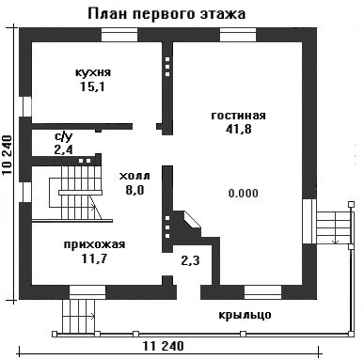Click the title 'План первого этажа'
click(166, 14)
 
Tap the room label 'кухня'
click(93, 72)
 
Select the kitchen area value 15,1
click(92, 86)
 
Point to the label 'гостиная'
click(238, 116)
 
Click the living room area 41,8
click(239, 129)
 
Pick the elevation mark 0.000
click(244, 193)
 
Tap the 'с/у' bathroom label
click(64, 136)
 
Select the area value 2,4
click(63, 149)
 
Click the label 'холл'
click(135, 176)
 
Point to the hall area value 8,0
click(135, 190)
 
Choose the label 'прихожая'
click(94, 244)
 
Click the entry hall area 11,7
click(94, 258)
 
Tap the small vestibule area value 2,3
click(190, 259)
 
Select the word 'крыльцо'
click(245, 315)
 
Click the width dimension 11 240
click(164, 346)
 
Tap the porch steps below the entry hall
click(79, 317)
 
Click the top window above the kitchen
click(119, 35)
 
